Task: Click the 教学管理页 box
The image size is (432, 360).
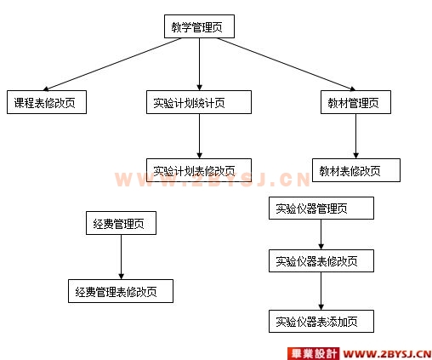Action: coord(199,26)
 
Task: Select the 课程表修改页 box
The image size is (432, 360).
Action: coord(47,102)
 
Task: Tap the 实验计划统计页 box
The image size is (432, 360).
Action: coord(199,102)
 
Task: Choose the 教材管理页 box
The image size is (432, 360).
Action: coord(355,102)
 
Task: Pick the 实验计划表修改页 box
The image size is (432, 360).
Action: coord(199,170)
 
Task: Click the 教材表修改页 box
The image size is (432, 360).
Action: coord(356,170)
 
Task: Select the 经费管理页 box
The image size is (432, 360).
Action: coord(121,223)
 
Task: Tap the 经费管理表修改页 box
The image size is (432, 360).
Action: coord(121,291)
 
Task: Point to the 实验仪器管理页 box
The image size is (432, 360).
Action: coord(321,209)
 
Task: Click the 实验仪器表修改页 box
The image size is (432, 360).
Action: coord(321,261)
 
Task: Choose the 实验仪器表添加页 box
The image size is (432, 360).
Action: coord(321,321)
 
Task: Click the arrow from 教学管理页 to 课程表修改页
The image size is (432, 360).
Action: coord(112,64)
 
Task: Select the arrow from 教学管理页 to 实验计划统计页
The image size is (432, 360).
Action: coord(199,64)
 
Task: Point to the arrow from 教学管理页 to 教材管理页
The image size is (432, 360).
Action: coord(287,64)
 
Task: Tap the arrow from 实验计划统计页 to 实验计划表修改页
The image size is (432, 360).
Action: coord(199,136)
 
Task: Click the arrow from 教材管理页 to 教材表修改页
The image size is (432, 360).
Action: coord(355,136)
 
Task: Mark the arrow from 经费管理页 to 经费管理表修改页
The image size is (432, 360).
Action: coord(121,257)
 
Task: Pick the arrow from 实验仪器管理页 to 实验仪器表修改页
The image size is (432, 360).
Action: coord(321,235)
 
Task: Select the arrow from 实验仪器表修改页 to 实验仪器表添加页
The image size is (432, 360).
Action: coord(321,291)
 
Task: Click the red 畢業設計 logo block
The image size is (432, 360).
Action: coord(313,353)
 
